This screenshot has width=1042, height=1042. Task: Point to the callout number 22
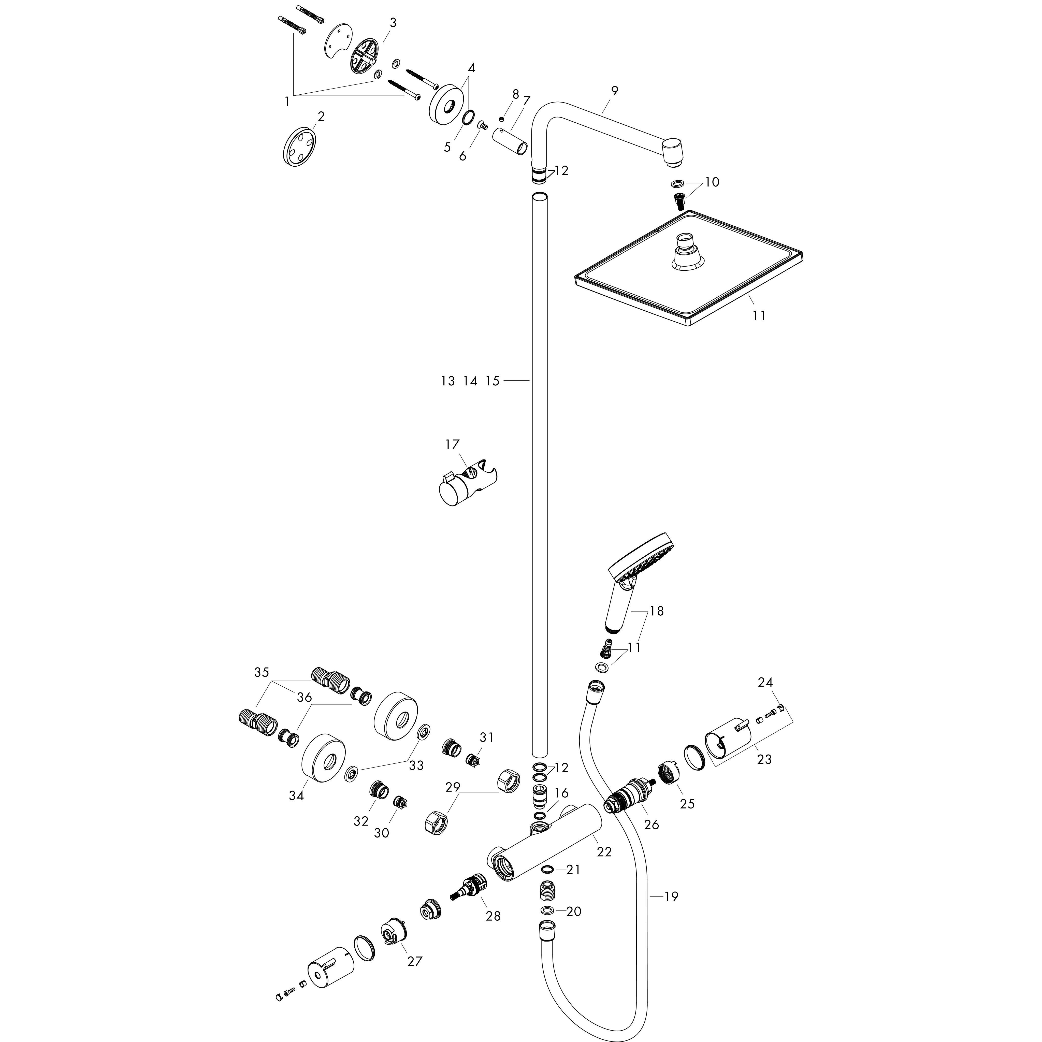click(605, 852)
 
